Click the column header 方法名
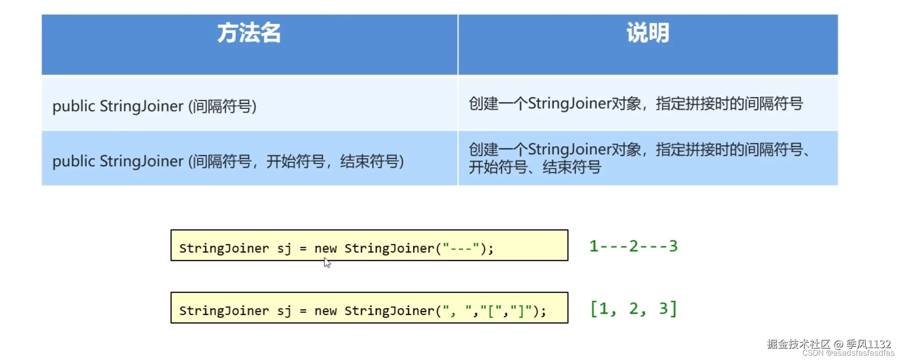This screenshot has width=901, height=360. click(249, 33)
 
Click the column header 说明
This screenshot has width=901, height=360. click(648, 33)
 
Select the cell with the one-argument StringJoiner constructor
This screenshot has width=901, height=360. click(154, 106)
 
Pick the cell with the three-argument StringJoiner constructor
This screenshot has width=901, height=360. click(228, 161)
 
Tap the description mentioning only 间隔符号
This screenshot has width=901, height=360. click(636, 104)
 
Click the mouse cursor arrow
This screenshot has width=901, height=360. click(327, 263)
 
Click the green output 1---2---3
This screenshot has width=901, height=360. click(633, 246)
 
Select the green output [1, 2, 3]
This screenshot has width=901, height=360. click(633, 309)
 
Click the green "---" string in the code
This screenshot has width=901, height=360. click(460, 248)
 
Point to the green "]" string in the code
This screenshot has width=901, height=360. click(521, 311)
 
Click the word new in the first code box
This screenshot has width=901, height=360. click(325, 248)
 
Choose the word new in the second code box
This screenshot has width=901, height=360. click(325, 311)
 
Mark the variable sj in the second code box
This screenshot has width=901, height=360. click(284, 311)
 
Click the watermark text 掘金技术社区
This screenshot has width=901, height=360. click(799, 344)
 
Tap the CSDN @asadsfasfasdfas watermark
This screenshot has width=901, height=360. click(848, 353)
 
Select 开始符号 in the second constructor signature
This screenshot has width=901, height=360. click(296, 162)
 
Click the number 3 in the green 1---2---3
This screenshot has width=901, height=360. click(673, 246)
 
